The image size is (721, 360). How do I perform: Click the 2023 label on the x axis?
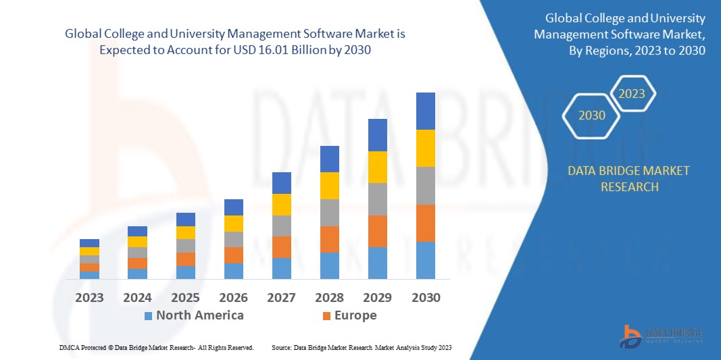click(x=89, y=297)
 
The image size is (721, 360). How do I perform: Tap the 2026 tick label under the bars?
click(x=233, y=297)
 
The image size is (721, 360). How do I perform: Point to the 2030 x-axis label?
click(x=426, y=297)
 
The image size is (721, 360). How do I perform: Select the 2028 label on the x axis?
click(x=329, y=297)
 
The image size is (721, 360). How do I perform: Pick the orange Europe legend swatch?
click(x=327, y=315)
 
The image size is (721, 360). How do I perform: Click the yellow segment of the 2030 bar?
click(x=426, y=148)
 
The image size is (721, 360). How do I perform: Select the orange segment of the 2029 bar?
click(x=377, y=231)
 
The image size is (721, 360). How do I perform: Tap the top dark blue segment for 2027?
click(x=281, y=182)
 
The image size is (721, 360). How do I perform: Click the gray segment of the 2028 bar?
click(x=329, y=212)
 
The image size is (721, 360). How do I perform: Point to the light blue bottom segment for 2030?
click(x=426, y=260)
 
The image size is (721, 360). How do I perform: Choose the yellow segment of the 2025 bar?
click(x=185, y=232)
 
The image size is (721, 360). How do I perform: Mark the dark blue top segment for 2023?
click(x=89, y=243)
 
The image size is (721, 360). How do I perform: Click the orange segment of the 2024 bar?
click(x=137, y=263)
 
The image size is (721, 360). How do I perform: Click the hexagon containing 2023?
click(x=632, y=94)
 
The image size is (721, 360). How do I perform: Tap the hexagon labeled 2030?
click(x=591, y=115)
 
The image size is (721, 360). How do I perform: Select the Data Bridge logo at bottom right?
click(x=661, y=336)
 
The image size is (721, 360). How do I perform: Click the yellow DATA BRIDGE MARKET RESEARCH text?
click(x=629, y=178)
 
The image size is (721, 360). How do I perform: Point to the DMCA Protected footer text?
click(x=156, y=347)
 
